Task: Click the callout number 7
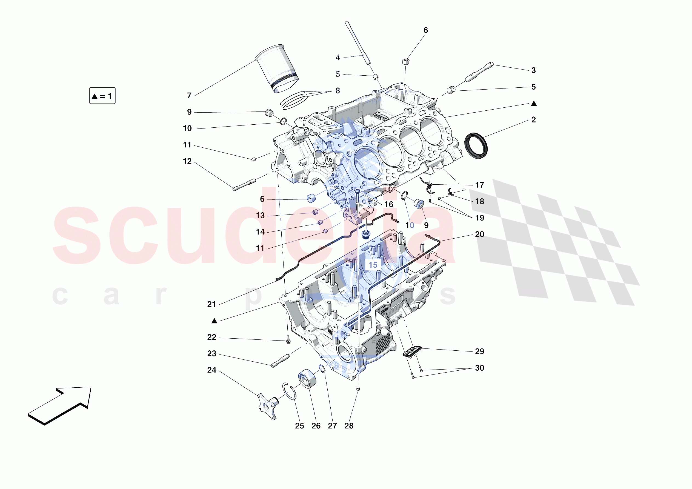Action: (x=189, y=96)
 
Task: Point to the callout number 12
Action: (x=187, y=161)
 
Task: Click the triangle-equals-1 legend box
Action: (x=102, y=96)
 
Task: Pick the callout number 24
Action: (x=211, y=370)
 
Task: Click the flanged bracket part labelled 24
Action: (x=268, y=406)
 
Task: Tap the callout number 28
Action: (x=349, y=426)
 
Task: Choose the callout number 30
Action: (x=479, y=368)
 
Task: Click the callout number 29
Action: (x=479, y=351)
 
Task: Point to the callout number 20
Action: (x=479, y=234)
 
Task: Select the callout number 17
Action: (x=479, y=185)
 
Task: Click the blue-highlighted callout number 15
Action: (x=373, y=265)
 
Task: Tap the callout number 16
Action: (x=389, y=204)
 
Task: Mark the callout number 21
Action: (x=211, y=304)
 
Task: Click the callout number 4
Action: (x=338, y=58)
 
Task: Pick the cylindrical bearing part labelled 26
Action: (x=307, y=379)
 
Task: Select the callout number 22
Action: (x=211, y=337)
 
